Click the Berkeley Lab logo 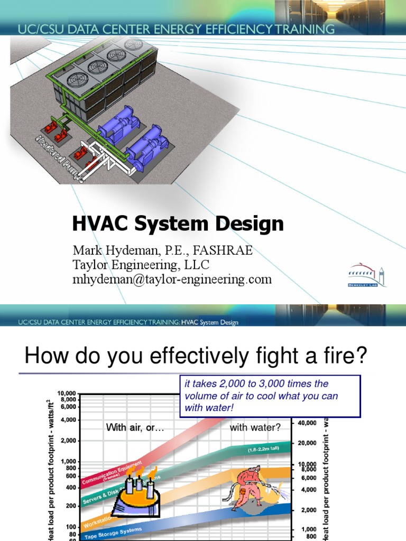pyautogui.click(x=367, y=275)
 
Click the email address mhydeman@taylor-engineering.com pyautogui.click(x=172, y=279)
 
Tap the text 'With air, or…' pyautogui.click(x=136, y=427)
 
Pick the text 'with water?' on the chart pyautogui.click(x=255, y=427)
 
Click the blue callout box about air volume pyautogui.click(x=270, y=396)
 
